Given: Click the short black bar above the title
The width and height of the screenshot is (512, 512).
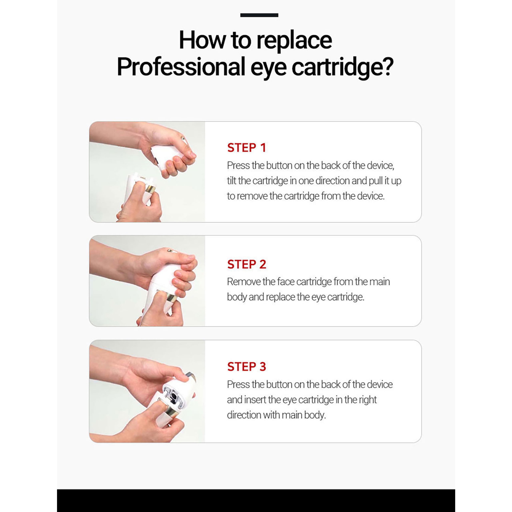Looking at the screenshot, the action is (259, 15).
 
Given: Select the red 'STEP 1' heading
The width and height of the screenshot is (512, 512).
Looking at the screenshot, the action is (246, 148).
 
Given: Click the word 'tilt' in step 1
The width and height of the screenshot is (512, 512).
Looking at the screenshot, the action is (232, 181).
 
